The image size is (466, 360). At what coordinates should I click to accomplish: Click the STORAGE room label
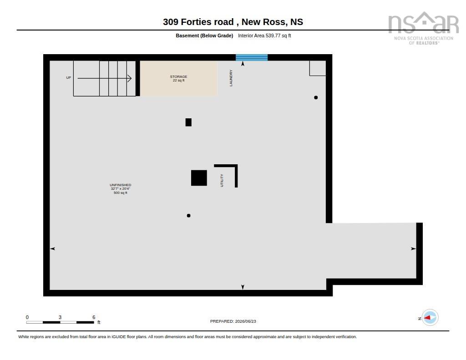click(x=178, y=77)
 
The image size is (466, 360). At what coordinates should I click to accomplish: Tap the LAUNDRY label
click(x=231, y=78)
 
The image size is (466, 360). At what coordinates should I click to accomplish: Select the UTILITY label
click(x=222, y=180)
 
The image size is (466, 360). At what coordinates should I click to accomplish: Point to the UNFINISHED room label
click(x=120, y=185)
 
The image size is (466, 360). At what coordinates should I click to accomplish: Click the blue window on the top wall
click(x=252, y=57)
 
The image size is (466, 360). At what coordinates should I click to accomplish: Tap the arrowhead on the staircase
click(x=129, y=78)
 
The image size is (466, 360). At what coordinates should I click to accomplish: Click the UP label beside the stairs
click(x=69, y=77)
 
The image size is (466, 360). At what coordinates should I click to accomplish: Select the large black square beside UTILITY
click(x=199, y=178)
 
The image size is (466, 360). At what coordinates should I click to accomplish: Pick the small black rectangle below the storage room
click(x=188, y=122)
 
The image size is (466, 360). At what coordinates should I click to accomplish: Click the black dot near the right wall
click(x=316, y=97)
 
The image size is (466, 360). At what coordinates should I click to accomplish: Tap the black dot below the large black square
click(x=189, y=216)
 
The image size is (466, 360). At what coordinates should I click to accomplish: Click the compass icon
click(x=430, y=318)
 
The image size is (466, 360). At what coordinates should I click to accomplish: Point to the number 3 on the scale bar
click(x=60, y=317)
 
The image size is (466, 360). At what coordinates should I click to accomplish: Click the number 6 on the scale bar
click(x=94, y=317)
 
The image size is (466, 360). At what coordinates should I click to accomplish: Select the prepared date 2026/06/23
click(x=245, y=321)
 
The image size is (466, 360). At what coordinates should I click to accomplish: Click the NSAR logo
click(x=424, y=28)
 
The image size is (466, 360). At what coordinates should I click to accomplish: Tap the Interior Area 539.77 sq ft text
click(x=264, y=35)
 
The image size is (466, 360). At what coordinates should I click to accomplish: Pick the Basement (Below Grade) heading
click(x=204, y=35)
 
